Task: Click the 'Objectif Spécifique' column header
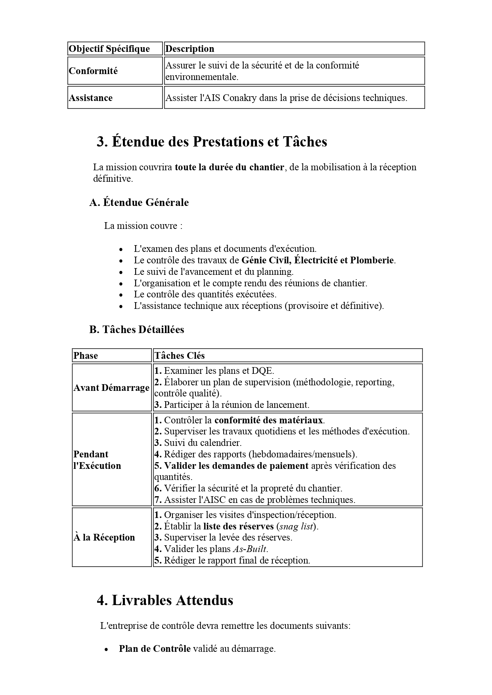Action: click(109, 49)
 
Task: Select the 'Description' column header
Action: click(190, 49)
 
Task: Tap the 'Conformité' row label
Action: click(93, 71)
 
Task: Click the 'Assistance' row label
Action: click(91, 98)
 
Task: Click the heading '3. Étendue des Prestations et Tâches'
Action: click(212, 141)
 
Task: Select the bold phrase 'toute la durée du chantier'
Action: click(229, 167)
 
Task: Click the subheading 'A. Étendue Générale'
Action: click(139, 202)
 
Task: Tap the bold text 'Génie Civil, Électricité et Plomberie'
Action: click(318, 260)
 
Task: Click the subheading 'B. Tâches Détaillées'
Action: click(136, 329)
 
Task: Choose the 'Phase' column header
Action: click(86, 356)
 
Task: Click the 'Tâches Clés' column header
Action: click(179, 356)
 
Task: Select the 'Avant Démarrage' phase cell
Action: click(111, 388)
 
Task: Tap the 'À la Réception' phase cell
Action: click(104, 537)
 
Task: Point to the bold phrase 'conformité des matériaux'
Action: click(269, 420)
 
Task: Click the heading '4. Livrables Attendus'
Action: click(165, 600)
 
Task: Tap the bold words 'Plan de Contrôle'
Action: click(155, 649)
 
